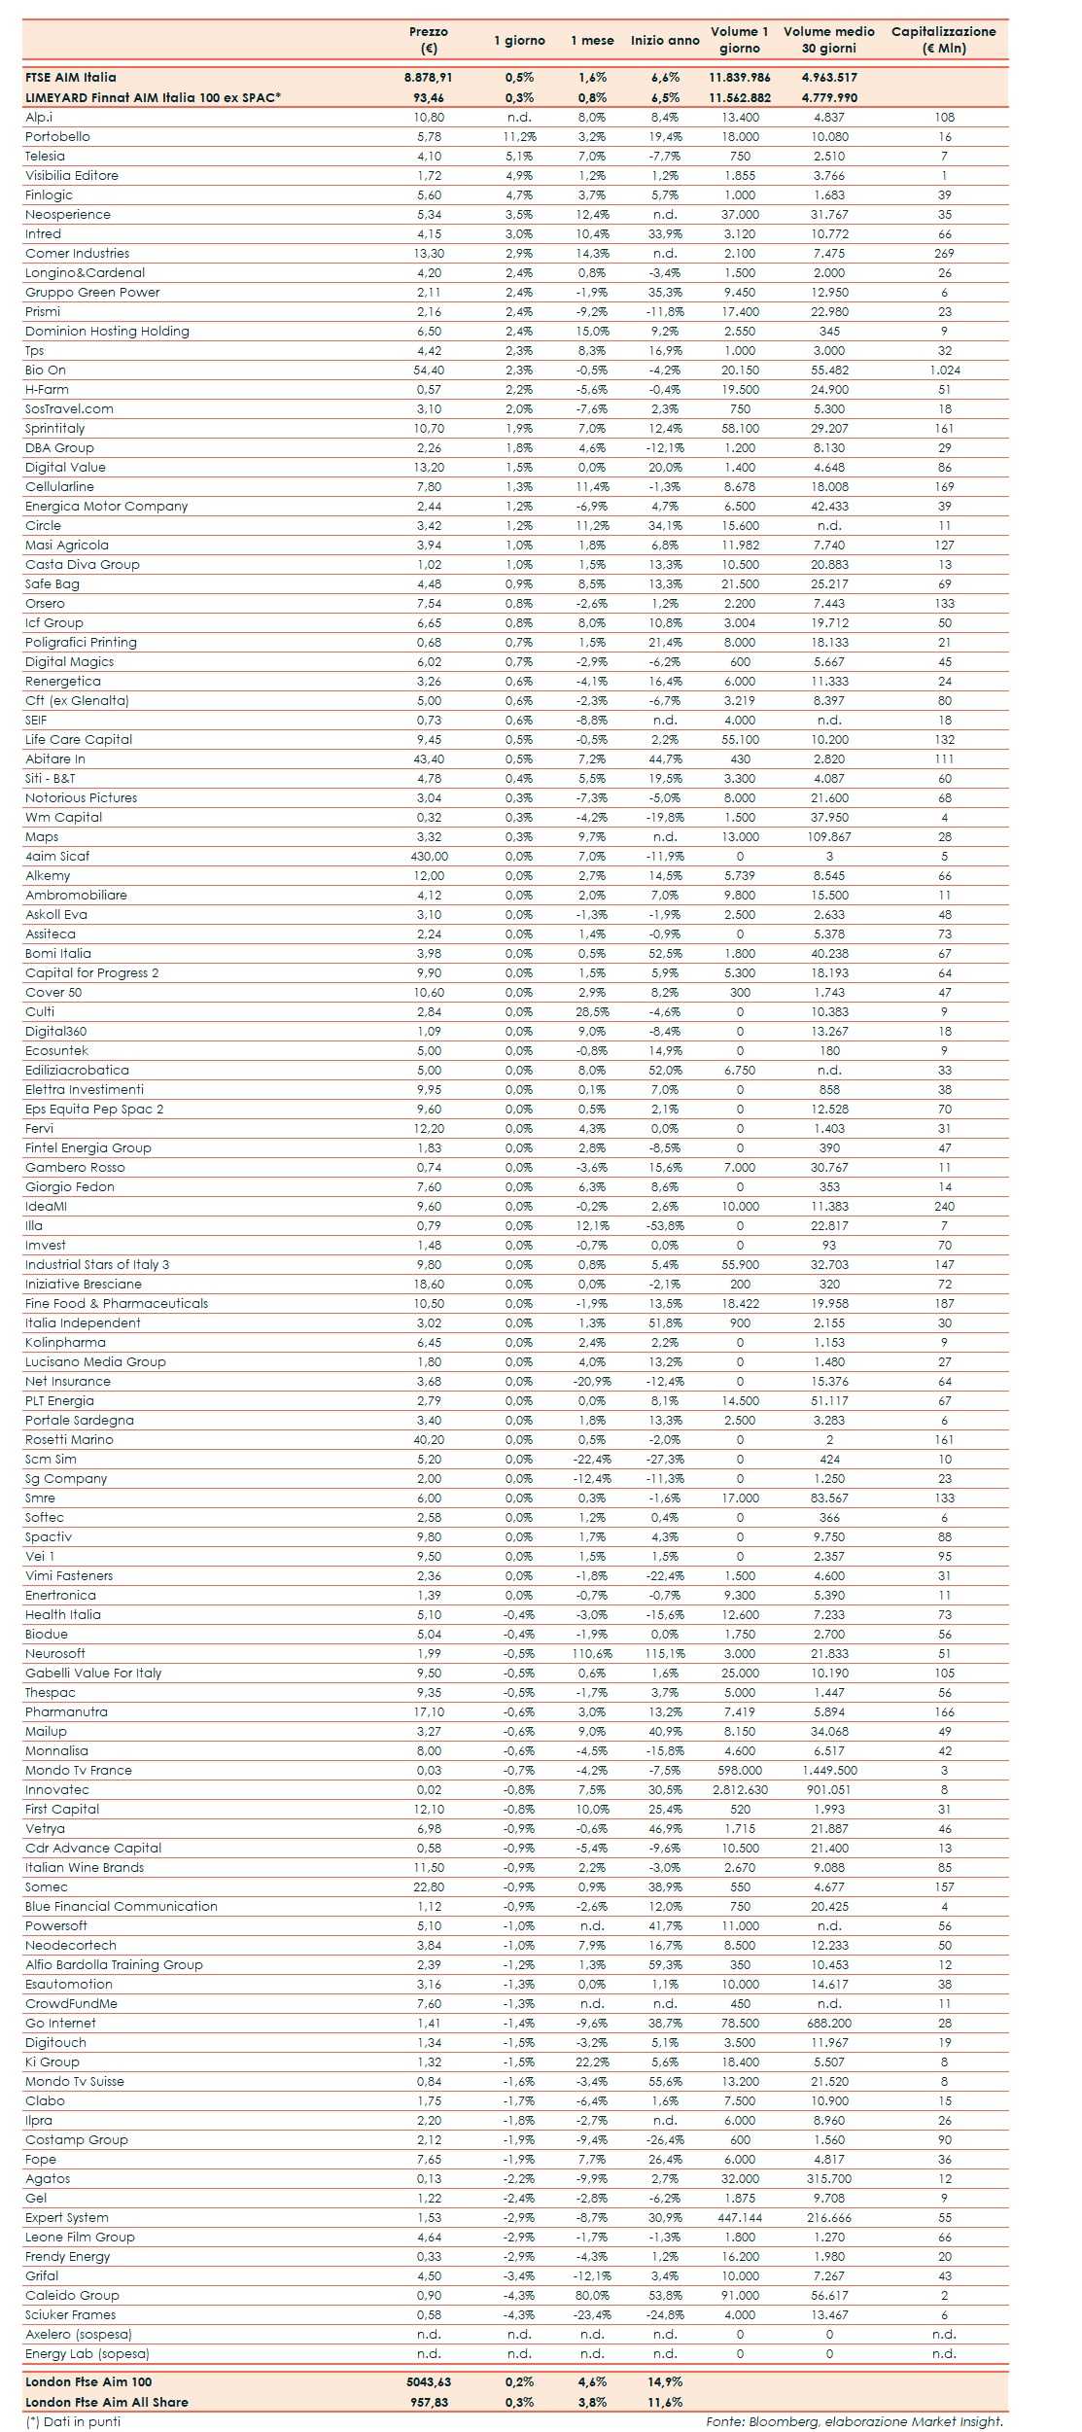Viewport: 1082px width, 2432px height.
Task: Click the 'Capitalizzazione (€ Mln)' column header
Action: pos(943,40)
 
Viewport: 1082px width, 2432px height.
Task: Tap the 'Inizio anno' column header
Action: pos(665,41)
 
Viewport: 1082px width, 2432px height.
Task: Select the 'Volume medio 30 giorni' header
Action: pos(828,40)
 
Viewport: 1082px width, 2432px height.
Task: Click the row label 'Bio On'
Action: pos(46,370)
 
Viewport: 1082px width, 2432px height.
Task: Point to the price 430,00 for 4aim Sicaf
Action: pos(429,857)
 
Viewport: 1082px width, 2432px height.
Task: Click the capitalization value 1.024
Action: pos(944,370)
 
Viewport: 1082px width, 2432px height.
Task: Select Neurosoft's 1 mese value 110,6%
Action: pos(592,1654)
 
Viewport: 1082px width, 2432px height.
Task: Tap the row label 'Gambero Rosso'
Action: pos(75,1168)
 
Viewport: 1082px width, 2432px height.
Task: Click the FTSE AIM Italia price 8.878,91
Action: pos(429,78)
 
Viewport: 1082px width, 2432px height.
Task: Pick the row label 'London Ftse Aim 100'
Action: pos(88,2382)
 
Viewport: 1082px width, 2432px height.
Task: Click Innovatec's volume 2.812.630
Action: pos(740,1790)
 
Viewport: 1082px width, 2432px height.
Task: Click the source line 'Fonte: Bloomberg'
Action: pos(854,2421)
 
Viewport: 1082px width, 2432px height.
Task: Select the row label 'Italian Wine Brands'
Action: pos(85,1868)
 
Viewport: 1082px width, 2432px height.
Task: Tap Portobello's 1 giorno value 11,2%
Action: pos(519,137)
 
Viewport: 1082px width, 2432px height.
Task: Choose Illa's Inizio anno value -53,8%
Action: pos(665,1226)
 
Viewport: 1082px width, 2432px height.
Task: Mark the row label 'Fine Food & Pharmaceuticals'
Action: pos(117,1304)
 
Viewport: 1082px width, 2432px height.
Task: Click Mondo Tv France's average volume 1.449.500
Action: pos(829,1771)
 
